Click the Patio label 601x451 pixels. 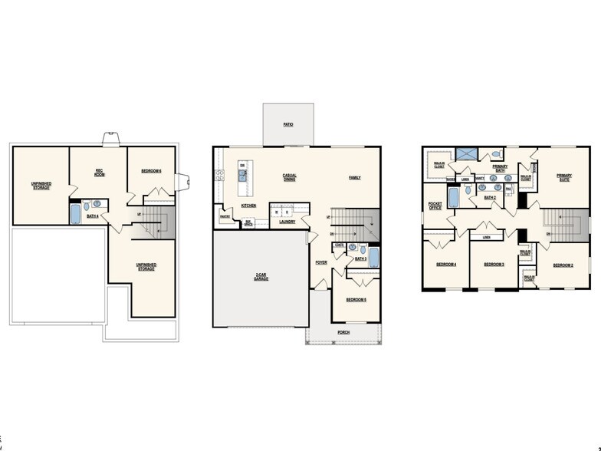288,123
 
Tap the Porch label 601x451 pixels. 343,332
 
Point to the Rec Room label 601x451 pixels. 100,172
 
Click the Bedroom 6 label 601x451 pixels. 151,170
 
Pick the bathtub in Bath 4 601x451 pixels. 75,212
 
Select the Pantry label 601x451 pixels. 225,216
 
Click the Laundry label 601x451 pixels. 287,222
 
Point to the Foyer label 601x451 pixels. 321,262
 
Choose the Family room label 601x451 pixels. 355,177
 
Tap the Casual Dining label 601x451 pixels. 290,177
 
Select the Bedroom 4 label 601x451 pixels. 446,265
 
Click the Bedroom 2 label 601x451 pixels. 563,265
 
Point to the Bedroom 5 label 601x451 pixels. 356,299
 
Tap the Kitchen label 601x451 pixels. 249,206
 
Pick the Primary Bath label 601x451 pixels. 500,168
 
